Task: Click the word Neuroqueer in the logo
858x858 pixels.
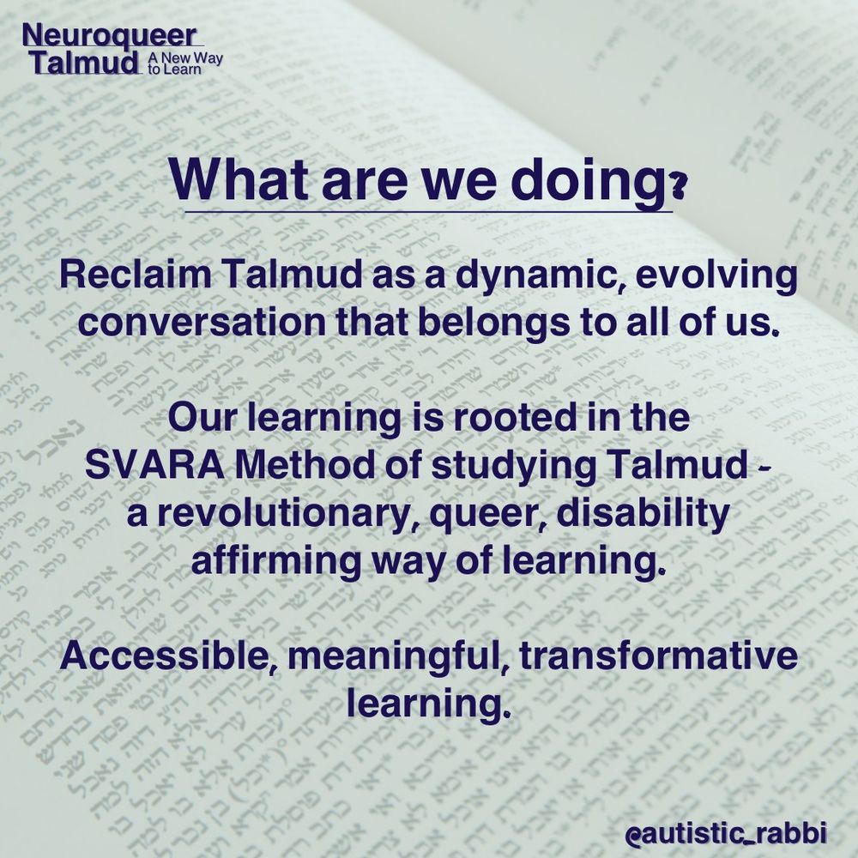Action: tap(109, 35)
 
